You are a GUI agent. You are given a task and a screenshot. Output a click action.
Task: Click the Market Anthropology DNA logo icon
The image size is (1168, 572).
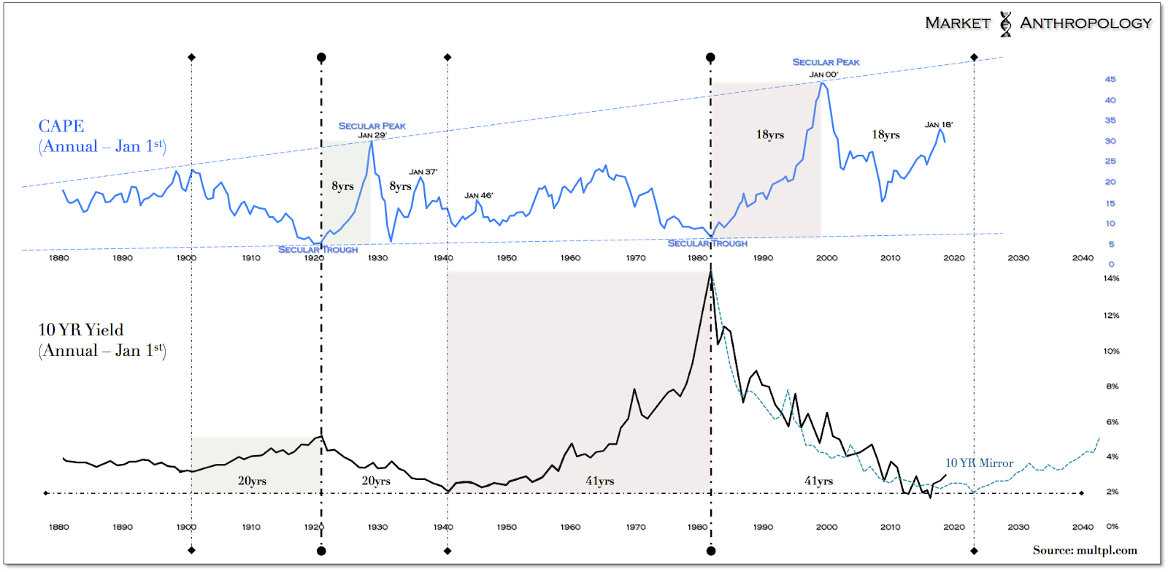click(x=1005, y=23)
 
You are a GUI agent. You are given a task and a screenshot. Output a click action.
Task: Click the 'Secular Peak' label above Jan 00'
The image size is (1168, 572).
click(x=826, y=62)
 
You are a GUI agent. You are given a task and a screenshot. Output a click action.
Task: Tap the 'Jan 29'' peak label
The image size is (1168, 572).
click(x=372, y=135)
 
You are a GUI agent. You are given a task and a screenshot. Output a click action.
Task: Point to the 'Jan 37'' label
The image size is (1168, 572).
click(x=423, y=172)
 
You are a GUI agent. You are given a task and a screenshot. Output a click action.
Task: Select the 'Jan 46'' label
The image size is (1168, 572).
click(x=478, y=195)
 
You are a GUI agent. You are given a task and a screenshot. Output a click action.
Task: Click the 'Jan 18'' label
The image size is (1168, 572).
click(x=938, y=125)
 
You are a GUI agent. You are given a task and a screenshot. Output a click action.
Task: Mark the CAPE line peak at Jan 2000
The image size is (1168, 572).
click(x=823, y=83)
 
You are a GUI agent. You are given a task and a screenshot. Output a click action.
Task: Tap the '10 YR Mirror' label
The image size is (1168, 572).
click(x=979, y=463)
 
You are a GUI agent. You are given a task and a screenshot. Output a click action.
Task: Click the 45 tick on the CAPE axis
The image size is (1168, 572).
click(x=1110, y=80)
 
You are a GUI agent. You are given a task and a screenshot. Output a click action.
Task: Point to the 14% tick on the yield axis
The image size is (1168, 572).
click(x=1111, y=278)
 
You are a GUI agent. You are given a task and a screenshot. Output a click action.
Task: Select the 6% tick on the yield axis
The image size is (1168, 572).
click(x=1112, y=422)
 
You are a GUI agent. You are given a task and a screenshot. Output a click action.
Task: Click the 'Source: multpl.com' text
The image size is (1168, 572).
click(x=1084, y=550)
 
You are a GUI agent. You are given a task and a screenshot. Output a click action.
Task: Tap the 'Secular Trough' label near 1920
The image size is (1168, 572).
click(x=318, y=250)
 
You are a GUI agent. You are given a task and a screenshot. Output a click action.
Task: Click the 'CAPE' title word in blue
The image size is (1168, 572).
click(x=61, y=126)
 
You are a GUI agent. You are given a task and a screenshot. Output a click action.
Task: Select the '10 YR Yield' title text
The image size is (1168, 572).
click(x=81, y=330)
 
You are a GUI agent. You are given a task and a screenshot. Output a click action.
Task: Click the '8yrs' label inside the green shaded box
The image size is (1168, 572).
click(x=342, y=186)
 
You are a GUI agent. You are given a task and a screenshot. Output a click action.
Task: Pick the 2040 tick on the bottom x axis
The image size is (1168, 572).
click(x=1083, y=527)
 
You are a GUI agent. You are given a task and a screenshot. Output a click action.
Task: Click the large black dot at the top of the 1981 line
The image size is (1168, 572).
click(x=710, y=57)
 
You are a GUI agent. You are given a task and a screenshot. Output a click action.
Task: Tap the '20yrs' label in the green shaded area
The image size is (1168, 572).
click(x=252, y=481)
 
